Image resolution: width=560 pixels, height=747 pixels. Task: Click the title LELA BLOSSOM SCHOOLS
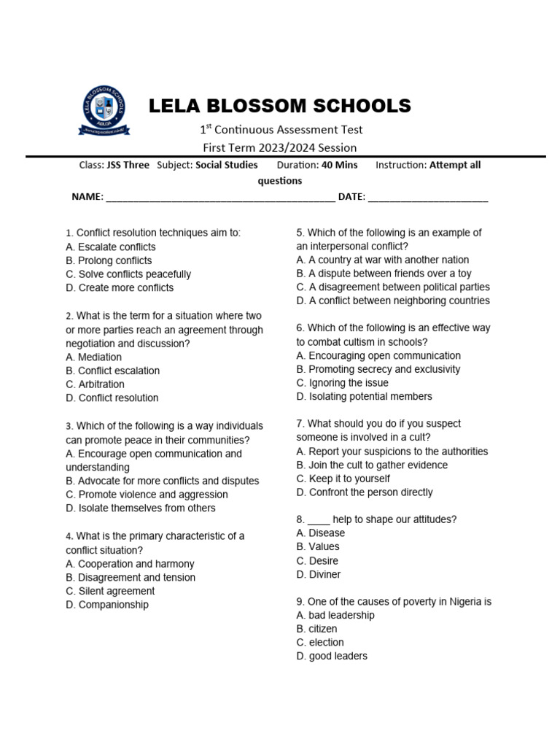(280, 107)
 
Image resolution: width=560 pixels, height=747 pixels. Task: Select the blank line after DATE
(428, 197)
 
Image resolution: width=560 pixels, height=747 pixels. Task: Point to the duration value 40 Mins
(340, 165)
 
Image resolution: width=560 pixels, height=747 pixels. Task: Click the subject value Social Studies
(226, 165)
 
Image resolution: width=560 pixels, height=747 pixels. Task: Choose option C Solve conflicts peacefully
(128, 274)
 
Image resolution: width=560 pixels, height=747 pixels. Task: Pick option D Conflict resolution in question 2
(112, 398)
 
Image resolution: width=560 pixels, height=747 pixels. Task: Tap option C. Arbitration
(95, 384)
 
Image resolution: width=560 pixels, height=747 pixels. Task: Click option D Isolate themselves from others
(140, 508)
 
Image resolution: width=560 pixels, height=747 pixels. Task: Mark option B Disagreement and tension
(131, 577)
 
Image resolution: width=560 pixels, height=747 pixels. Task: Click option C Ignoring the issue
(343, 383)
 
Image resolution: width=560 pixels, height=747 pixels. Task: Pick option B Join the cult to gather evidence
(372, 465)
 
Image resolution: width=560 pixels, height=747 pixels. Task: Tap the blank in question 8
(319, 519)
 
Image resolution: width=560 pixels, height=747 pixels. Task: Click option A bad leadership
(335, 615)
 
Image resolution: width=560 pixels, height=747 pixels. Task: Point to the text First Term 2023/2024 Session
(280, 147)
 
